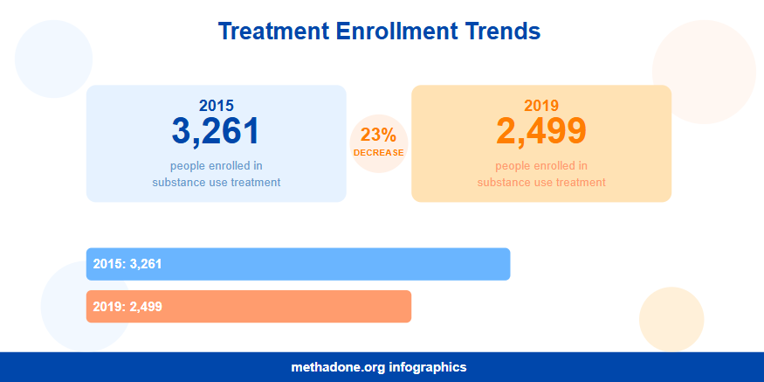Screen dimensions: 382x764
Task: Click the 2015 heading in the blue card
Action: pyautogui.click(x=216, y=105)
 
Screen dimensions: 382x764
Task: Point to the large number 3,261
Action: pyautogui.click(x=216, y=131)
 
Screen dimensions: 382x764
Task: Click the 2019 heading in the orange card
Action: pyautogui.click(x=540, y=105)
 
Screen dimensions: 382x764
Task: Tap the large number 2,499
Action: pyautogui.click(x=540, y=131)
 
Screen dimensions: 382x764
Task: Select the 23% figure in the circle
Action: pyautogui.click(x=378, y=135)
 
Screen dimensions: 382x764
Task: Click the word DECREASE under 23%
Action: pyautogui.click(x=378, y=153)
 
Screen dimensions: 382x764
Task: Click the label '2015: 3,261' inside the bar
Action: pyautogui.click(x=127, y=264)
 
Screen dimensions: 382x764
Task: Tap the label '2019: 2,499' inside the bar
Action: pyautogui.click(x=127, y=306)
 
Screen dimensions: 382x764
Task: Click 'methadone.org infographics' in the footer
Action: pyautogui.click(x=379, y=367)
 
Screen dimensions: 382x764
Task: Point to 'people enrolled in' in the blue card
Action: pyautogui.click(x=216, y=165)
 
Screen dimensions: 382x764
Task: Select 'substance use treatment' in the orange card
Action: pyautogui.click(x=540, y=183)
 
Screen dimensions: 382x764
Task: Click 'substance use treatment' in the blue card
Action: pyautogui.click(x=216, y=183)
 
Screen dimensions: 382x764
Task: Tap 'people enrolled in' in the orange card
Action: pyautogui.click(x=540, y=165)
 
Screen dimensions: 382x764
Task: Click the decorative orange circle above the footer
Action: pyautogui.click(x=671, y=318)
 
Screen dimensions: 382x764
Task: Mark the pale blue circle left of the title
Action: pyautogui.click(x=53, y=59)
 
